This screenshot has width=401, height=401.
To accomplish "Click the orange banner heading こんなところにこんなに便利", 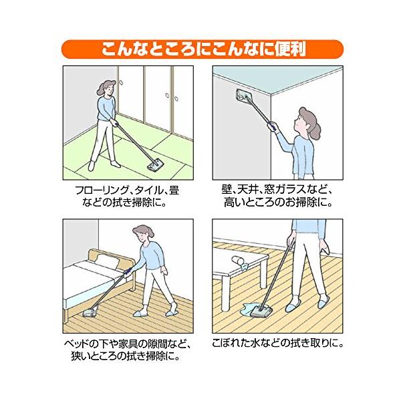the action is click(x=203, y=49).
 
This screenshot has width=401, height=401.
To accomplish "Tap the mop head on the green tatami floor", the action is click(x=156, y=165).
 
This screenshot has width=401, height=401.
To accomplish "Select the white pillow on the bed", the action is click(x=108, y=261).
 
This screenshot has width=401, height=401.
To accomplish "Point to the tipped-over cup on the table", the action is click(x=237, y=260).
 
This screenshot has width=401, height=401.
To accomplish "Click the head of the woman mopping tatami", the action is click(x=107, y=88).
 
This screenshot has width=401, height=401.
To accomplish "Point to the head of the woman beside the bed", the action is click(x=144, y=233).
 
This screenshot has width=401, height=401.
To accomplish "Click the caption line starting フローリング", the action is click(x=127, y=190).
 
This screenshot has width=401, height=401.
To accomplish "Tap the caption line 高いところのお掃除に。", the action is click(x=278, y=203).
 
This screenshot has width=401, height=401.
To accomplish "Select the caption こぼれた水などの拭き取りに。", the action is click(x=277, y=344).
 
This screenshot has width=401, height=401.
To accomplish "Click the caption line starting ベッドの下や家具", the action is click(x=127, y=344).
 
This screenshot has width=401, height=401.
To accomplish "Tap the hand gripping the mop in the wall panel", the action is click(x=272, y=126).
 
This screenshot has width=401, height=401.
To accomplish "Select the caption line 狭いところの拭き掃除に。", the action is click(x=126, y=356).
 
